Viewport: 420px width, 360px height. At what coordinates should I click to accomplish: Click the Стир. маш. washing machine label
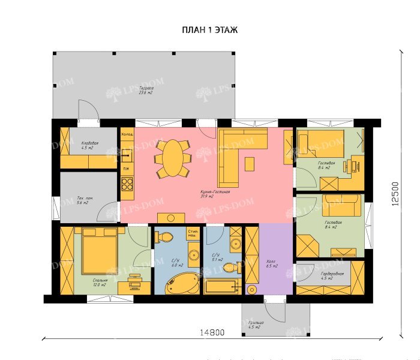click(193, 234)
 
